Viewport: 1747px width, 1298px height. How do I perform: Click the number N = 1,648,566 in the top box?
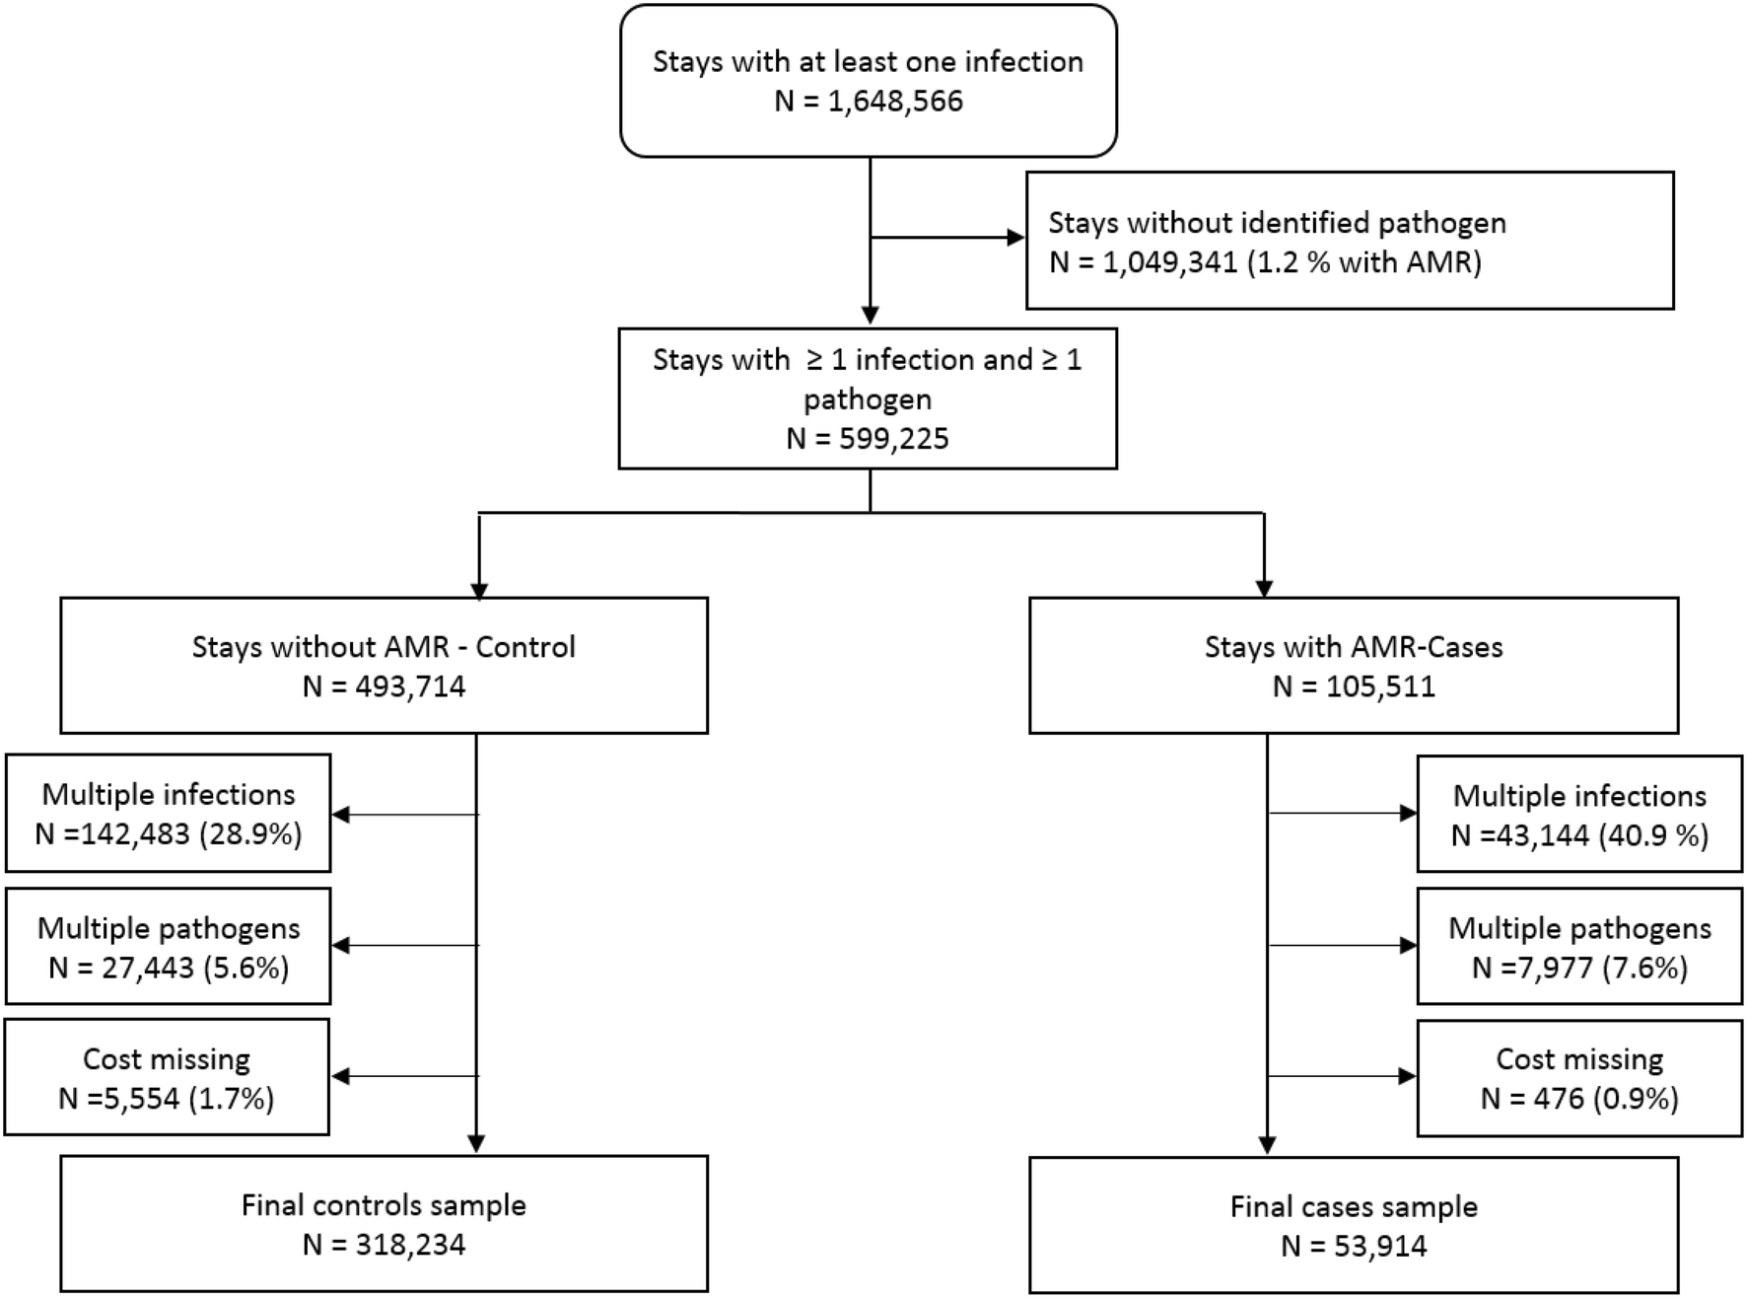(868, 102)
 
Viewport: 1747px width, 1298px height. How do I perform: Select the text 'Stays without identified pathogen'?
(1277, 223)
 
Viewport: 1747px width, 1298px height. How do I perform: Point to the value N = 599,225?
(868, 438)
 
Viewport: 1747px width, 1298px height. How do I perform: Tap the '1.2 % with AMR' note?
(1364, 263)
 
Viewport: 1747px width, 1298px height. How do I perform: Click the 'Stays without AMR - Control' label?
(384, 647)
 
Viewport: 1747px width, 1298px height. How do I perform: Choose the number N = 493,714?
(384, 686)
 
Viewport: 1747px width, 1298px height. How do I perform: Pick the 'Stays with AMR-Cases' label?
(1354, 647)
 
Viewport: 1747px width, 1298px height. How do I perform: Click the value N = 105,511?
(1354, 686)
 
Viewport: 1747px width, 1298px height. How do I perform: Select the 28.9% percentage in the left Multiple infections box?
(250, 834)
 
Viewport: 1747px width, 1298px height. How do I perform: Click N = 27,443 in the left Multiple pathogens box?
(121, 968)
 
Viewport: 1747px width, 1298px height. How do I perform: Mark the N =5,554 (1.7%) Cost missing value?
(166, 1098)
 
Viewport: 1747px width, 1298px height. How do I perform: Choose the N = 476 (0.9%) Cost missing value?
(1579, 1098)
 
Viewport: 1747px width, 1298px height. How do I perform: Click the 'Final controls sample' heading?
(384, 1205)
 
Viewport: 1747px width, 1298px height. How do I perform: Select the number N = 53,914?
(1354, 1246)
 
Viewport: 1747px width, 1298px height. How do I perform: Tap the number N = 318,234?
(384, 1245)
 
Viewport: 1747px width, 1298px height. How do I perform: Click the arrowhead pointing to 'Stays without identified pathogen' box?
(1015, 238)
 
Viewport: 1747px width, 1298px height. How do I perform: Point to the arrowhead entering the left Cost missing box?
(340, 1076)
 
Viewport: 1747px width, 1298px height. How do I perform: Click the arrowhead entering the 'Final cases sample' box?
(1267, 1145)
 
